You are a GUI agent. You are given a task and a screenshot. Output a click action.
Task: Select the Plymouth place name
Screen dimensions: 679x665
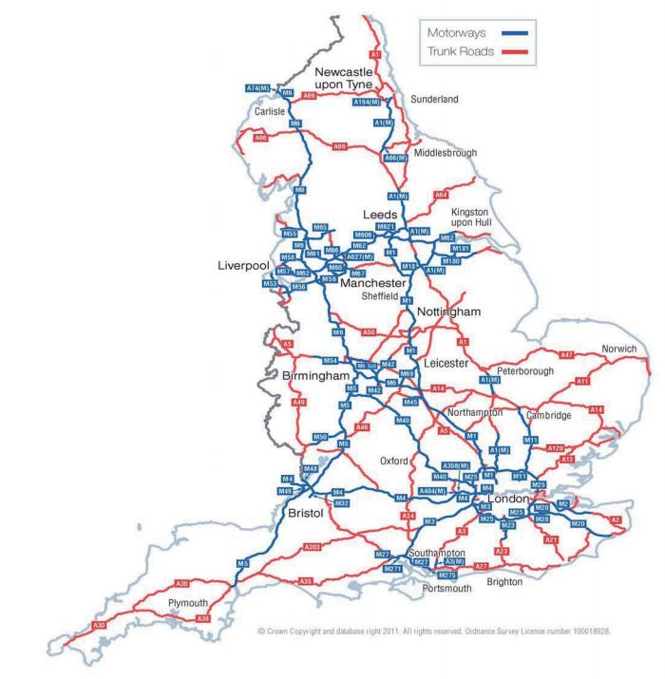pyautogui.click(x=187, y=603)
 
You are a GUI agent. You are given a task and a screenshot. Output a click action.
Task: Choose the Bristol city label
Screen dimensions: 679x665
pyautogui.click(x=305, y=513)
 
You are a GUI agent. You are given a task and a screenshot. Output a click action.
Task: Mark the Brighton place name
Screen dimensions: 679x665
pyautogui.click(x=503, y=581)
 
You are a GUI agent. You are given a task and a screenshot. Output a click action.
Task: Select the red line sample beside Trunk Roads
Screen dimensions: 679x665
pyautogui.click(x=506, y=51)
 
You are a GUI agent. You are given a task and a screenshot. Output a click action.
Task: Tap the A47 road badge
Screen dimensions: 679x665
pyautogui.click(x=567, y=354)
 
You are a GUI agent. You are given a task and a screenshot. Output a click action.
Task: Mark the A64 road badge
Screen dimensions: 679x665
pyautogui.click(x=441, y=195)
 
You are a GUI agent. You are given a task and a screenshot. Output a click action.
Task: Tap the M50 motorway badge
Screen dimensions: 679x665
pyautogui.click(x=320, y=437)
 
